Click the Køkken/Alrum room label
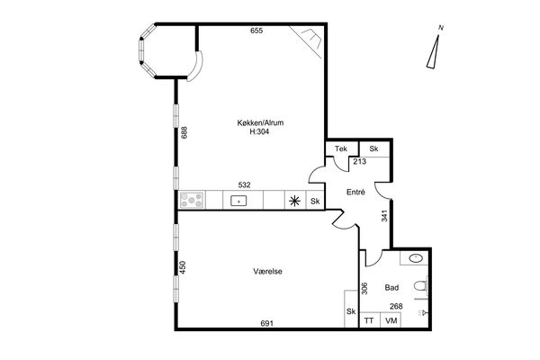click(x=260, y=122)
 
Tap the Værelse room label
click(x=267, y=272)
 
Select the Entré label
click(x=355, y=193)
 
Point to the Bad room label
click(x=391, y=288)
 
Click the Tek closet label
click(x=341, y=148)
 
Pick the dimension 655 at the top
click(x=256, y=31)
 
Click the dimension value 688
click(x=184, y=132)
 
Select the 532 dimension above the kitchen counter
click(x=244, y=185)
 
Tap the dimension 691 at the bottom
click(x=266, y=323)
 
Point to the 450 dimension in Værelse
click(x=183, y=267)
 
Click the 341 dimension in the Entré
click(x=384, y=216)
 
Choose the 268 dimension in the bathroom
click(x=396, y=306)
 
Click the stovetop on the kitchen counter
click(x=192, y=200)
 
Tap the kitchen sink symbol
click(x=238, y=201)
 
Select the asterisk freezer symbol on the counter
click(x=294, y=201)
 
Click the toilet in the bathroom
click(x=420, y=286)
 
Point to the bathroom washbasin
click(x=416, y=258)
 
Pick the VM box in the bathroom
click(x=391, y=320)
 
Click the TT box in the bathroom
click(x=370, y=320)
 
